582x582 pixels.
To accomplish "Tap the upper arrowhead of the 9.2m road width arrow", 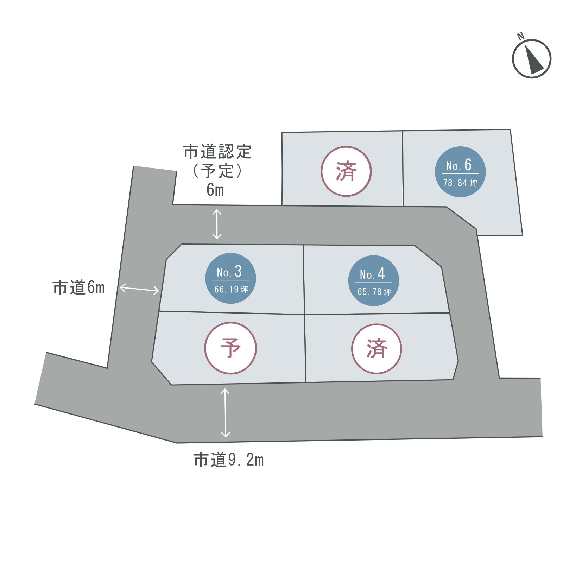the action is pyautogui.click(x=225, y=390).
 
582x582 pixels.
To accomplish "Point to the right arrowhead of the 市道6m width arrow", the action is pyautogui.click(x=158, y=291).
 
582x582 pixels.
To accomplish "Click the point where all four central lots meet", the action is pyautogui.click(x=304, y=314).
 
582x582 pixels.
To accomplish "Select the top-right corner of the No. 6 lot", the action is pyautogui.click(x=510, y=129).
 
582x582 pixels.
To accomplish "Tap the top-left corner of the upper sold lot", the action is pyautogui.click(x=282, y=133).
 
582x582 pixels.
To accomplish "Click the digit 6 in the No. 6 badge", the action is pyautogui.click(x=468, y=165).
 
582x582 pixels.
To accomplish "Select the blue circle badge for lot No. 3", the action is pyautogui.click(x=230, y=278).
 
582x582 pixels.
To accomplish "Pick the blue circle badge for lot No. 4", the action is pyautogui.click(x=373, y=280).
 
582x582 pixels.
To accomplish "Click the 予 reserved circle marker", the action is pyautogui.click(x=230, y=348).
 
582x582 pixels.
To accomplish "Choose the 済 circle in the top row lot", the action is pyautogui.click(x=346, y=171).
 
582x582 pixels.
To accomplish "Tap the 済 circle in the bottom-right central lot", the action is pyautogui.click(x=377, y=349).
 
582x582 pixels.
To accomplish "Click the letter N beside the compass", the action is pyautogui.click(x=520, y=36).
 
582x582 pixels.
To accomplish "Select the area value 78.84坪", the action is pyautogui.click(x=460, y=183).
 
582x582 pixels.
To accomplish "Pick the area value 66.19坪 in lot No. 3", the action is pyautogui.click(x=231, y=290).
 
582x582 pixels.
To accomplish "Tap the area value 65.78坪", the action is pyautogui.click(x=374, y=292).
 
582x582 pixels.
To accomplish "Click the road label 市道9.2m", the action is pyautogui.click(x=229, y=460).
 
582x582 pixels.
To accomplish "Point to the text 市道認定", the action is pyautogui.click(x=217, y=152).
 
